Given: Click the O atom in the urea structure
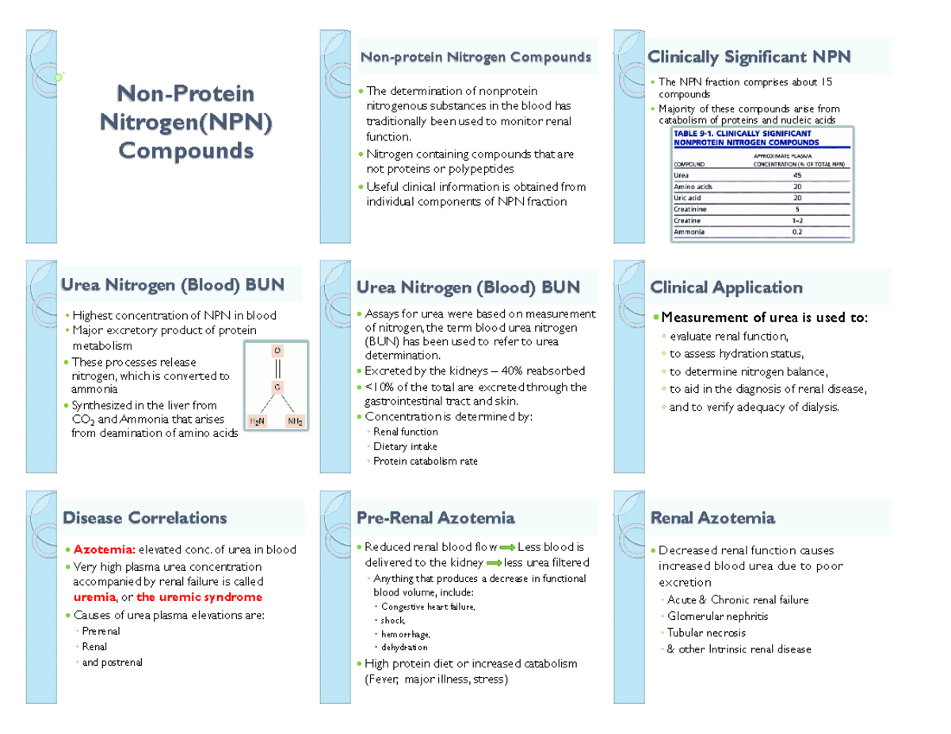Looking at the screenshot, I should point(277,350).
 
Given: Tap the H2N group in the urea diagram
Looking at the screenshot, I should point(257,421).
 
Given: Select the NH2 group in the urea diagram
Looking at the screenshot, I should point(296,421).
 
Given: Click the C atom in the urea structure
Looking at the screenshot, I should point(277,387).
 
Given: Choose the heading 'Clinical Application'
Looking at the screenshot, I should point(725,287).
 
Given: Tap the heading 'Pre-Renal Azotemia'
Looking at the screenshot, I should point(436,519).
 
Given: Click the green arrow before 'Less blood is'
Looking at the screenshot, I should point(506,547).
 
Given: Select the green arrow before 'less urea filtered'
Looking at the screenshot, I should point(492,563).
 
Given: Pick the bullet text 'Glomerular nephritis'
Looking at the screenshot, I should point(717,616).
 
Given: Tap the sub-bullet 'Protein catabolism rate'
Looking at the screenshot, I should point(425,461).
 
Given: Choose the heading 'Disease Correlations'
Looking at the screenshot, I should point(144,519).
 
